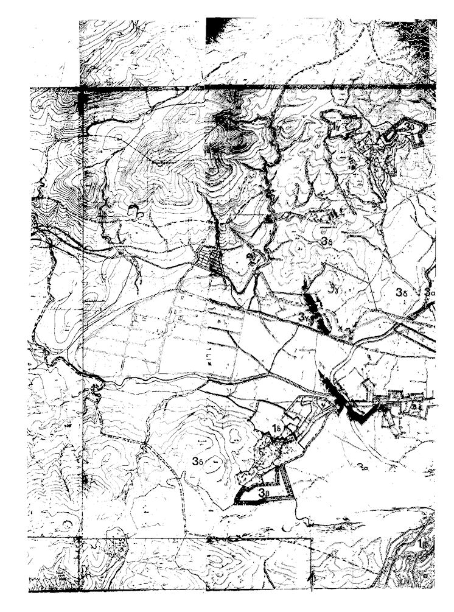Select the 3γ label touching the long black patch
(305, 317)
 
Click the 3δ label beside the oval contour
(197, 461)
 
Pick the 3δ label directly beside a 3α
(401, 292)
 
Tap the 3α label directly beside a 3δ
(430, 292)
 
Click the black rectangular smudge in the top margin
(220, 29)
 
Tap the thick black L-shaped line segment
(359, 414)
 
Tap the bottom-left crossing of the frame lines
(80, 539)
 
